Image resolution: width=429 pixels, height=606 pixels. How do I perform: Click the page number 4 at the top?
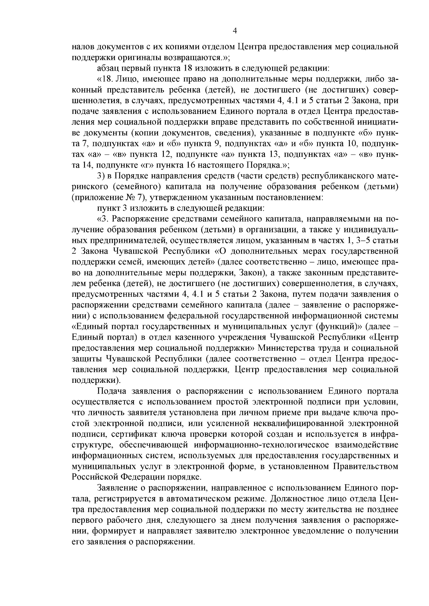235,31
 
